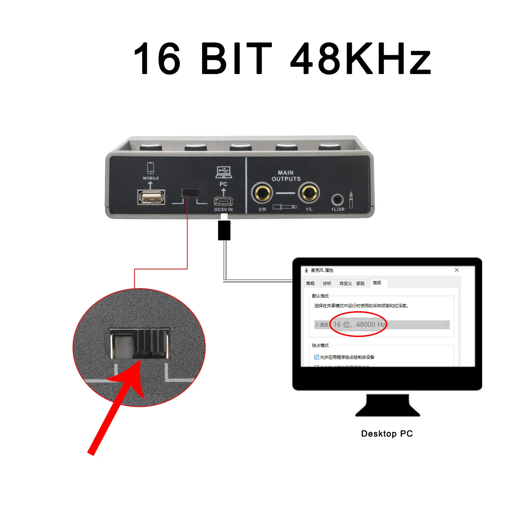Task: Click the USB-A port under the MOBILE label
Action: [151, 197]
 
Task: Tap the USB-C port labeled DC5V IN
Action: [223, 201]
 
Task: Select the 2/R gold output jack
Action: [262, 193]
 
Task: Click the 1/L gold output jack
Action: [309, 193]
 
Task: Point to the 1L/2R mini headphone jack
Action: [337, 200]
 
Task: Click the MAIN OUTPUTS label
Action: [286, 176]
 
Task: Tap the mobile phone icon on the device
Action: [151, 168]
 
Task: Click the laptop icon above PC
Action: [224, 172]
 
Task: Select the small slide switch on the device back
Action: [190, 193]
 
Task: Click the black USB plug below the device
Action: [224, 230]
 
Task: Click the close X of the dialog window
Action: [457, 270]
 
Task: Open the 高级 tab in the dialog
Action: [377, 283]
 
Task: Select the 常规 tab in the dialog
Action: [310, 284]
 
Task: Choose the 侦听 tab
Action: [327, 284]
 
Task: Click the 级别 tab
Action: [360, 284]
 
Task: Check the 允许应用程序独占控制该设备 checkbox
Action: [317, 357]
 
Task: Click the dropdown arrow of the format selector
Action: [446, 325]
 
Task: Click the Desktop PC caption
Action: [387, 434]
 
